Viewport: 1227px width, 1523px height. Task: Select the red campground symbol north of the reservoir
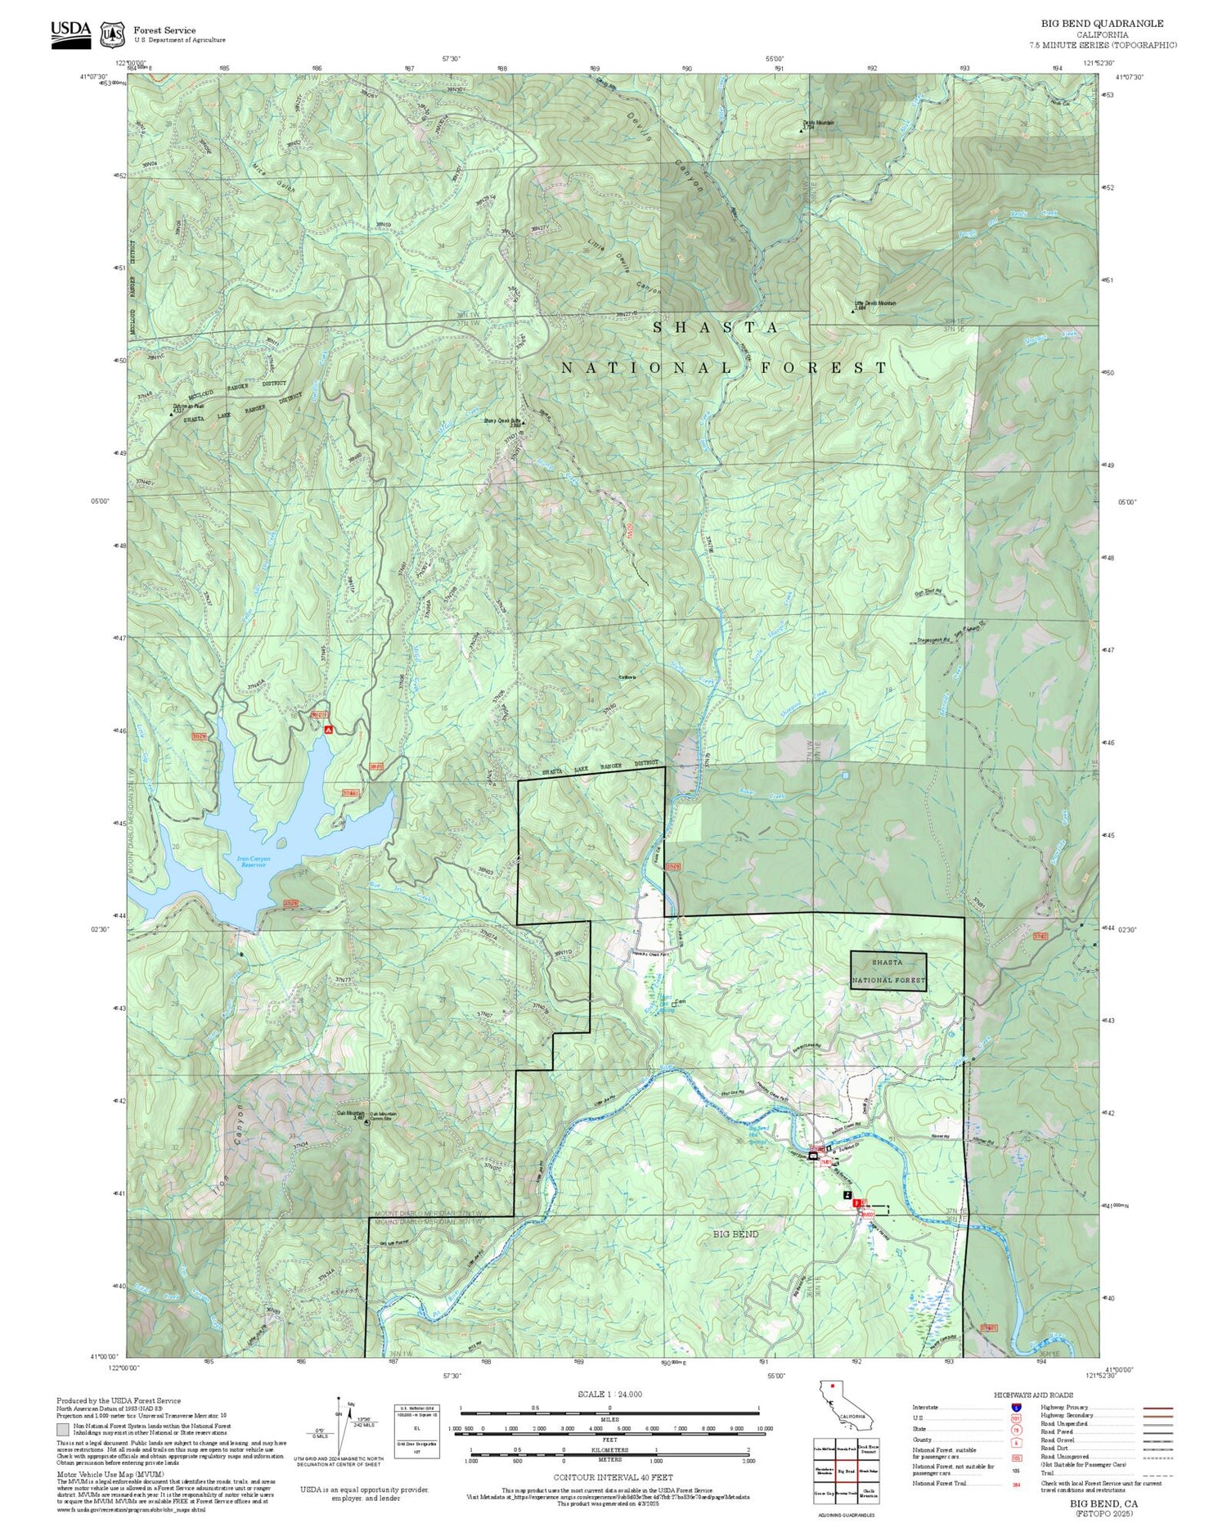click(328, 728)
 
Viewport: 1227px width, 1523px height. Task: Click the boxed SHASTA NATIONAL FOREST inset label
click(888, 971)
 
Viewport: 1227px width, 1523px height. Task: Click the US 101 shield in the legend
click(1016, 1418)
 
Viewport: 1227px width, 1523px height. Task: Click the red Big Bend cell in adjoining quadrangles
click(846, 1470)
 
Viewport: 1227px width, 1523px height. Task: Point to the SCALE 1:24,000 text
click(609, 1394)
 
